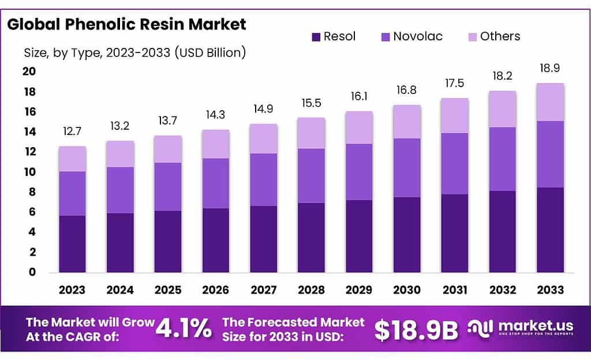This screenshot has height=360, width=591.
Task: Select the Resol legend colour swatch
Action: tap(316, 37)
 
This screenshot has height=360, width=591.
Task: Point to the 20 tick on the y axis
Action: tap(29, 72)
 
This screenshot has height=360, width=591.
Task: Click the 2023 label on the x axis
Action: tap(72, 289)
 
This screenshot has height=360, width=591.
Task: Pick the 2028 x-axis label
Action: tap(311, 289)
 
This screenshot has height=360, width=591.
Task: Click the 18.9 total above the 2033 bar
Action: tap(550, 68)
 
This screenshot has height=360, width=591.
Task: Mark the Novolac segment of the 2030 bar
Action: tap(407, 168)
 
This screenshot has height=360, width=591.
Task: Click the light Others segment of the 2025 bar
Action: tap(168, 149)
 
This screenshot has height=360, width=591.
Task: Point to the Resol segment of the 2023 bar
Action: tap(72, 244)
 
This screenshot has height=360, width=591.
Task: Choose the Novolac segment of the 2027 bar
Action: tap(263, 179)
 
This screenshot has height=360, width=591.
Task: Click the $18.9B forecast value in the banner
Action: tap(416, 329)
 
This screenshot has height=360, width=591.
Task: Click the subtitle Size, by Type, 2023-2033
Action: tap(135, 53)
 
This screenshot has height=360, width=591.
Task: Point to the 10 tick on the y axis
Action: tap(29, 172)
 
